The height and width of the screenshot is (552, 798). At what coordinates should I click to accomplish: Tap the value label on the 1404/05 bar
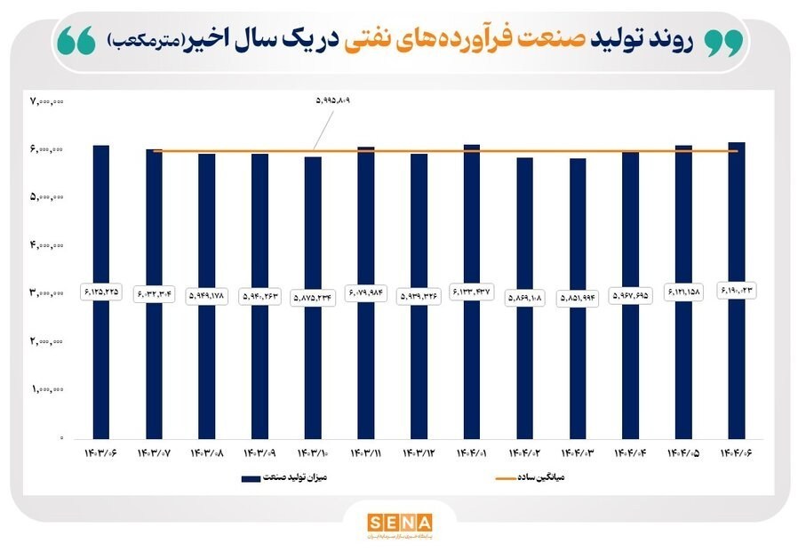coord(683,294)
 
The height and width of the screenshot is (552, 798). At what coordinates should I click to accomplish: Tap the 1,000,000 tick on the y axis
coord(47,389)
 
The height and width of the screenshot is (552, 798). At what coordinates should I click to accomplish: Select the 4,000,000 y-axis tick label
coord(47,245)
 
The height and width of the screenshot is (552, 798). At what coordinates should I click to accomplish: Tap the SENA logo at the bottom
coord(400,521)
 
